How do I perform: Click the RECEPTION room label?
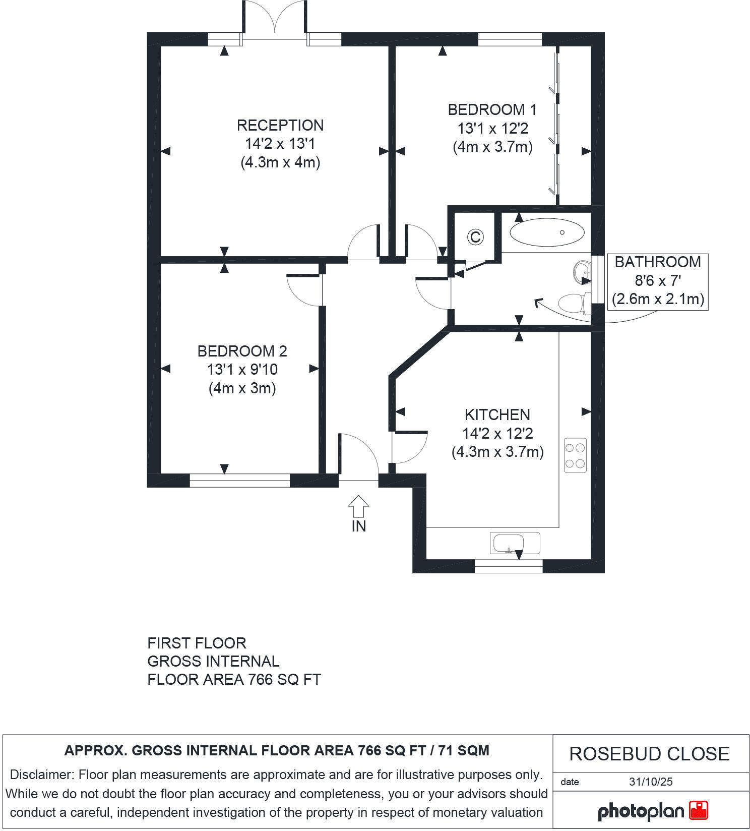(280, 125)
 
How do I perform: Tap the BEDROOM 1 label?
(492, 109)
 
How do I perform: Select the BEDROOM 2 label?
(242, 351)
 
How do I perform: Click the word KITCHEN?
(497, 415)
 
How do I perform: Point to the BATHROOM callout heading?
(658, 262)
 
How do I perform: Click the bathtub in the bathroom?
(547, 233)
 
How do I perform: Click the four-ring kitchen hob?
(576, 455)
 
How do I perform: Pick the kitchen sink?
(515, 544)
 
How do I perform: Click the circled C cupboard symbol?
(475, 236)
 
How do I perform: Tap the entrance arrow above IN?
(358, 506)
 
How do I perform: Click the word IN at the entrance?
(358, 526)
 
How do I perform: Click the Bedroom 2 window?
(240, 481)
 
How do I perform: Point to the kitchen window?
(509, 566)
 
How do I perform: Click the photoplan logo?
(653, 811)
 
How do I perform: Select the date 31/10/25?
(651, 782)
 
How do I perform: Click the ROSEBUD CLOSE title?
(649, 754)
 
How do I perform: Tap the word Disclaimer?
(41, 775)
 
